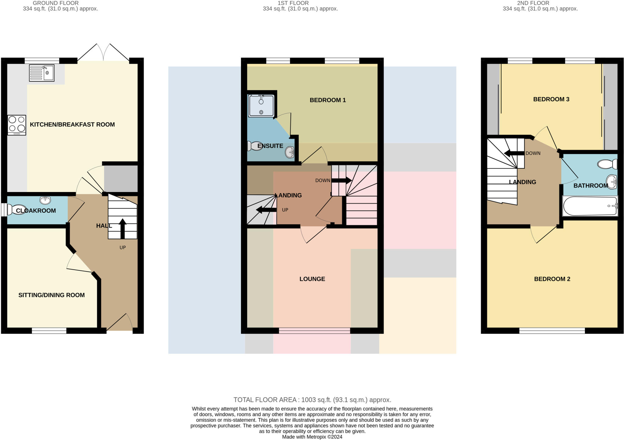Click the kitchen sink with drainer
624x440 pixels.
[x=42, y=73]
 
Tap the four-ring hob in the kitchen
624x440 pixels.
[x=17, y=125]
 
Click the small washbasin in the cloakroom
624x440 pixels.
[x=45, y=200]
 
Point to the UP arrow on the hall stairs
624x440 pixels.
[x=122, y=228]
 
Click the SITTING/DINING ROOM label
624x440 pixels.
[x=51, y=295]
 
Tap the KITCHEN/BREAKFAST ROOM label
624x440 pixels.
[x=72, y=124]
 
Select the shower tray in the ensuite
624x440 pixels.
[x=261, y=106]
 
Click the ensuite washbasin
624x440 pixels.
[x=290, y=152]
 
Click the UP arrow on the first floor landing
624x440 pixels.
[x=266, y=210]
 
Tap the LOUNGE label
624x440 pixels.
[x=312, y=279]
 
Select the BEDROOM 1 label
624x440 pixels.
[x=328, y=100]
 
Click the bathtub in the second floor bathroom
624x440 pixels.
[x=590, y=206]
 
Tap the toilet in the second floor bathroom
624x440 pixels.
[x=607, y=164]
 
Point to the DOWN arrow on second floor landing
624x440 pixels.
[x=514, y=153]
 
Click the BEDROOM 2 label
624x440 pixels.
[x=552, y=279]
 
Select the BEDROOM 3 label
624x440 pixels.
[x=551, y=99]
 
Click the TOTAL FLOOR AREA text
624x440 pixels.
[x=312, y=400]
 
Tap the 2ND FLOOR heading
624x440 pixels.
[x=533, y=3]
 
